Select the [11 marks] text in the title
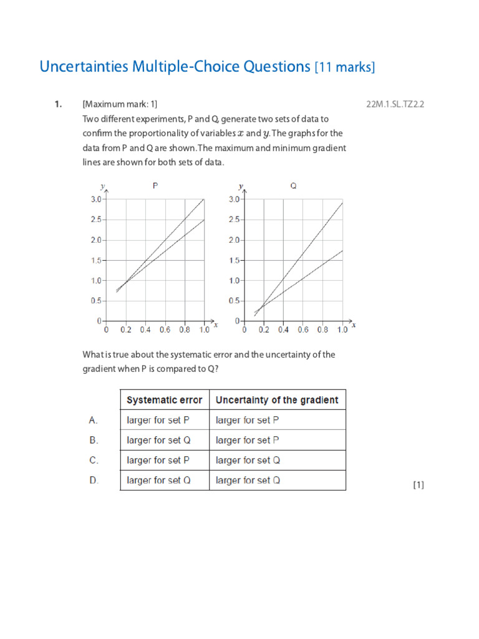point(345,67)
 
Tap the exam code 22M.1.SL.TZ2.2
point(395,104)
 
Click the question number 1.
point(57,104)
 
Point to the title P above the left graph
point(155,185)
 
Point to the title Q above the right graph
point(293,185)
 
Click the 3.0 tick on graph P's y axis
point(96,199)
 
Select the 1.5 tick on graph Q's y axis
point(234,260)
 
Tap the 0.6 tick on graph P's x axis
point(165,329)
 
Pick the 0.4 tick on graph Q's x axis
point(283,329)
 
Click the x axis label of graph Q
point(354,324)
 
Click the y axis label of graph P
point(102,186)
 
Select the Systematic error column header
point(165,400)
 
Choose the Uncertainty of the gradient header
point(277,400)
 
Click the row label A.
point(94,421)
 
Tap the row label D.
point(94,480)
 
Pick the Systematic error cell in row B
point(158,441)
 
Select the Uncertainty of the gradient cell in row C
point(248,461)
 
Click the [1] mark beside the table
point(419,484)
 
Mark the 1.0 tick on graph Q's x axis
point(342,329)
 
